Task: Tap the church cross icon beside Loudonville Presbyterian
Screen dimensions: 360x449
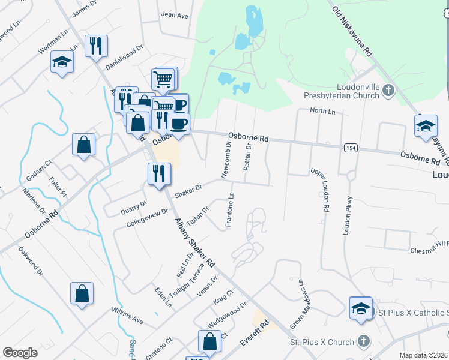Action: (x=388, y=91)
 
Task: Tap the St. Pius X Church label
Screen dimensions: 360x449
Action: (x=322, y=342)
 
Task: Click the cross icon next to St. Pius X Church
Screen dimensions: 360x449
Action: (x=363, y=341)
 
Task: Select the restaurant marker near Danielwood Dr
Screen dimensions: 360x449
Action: (x=96, y=46)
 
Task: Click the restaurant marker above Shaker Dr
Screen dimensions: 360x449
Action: (x=159, y=174)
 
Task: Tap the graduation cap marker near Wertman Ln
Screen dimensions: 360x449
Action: (x=62, y=62)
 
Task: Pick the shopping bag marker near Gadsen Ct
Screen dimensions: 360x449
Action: (x=83, y=145)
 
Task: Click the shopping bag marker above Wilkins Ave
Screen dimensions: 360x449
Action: (x=82, y=293)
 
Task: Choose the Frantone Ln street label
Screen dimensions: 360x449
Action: (x=229, y=209)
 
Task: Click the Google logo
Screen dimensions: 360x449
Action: (x=20, y=353)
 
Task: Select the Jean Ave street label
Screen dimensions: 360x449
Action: (x=175, y=15)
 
